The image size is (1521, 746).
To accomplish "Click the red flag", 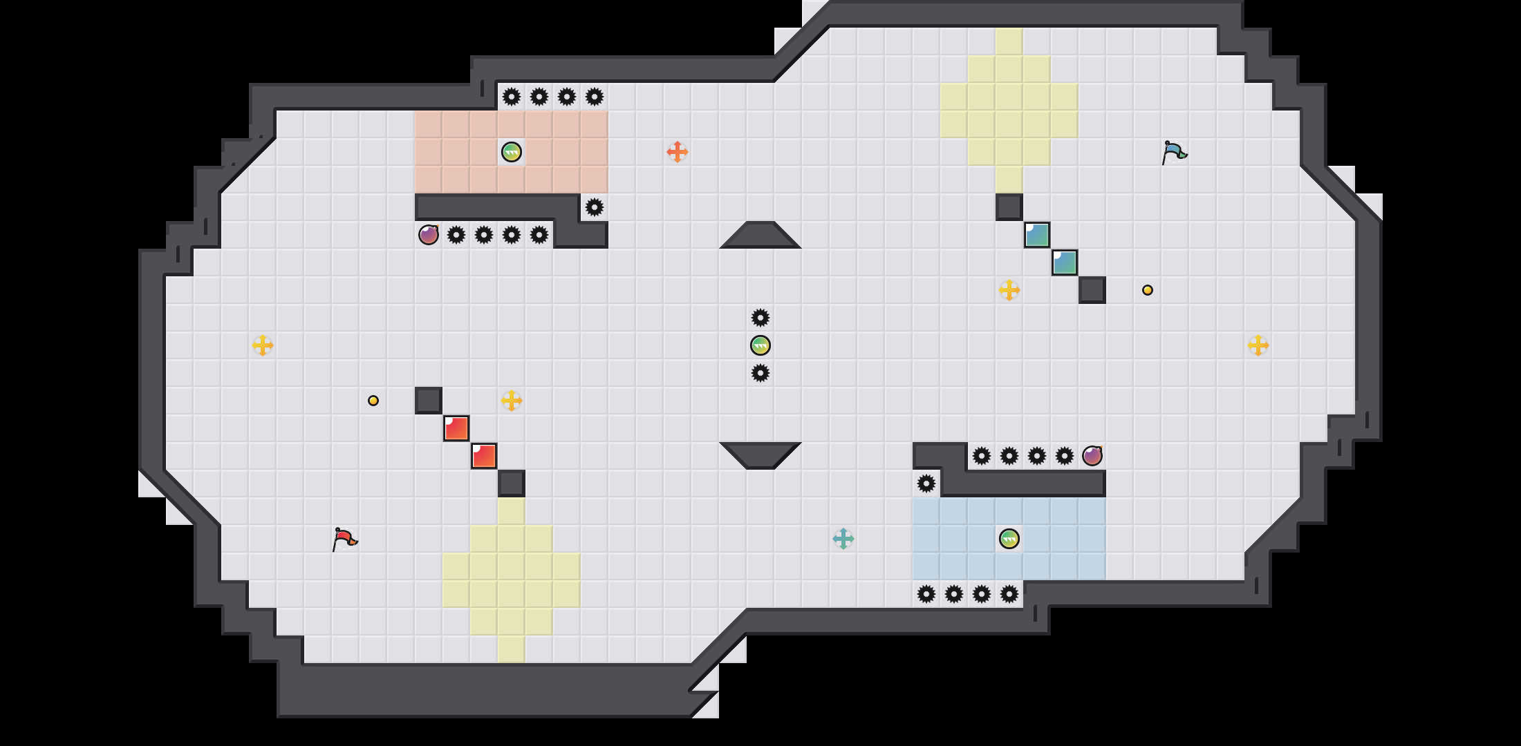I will point(344,538).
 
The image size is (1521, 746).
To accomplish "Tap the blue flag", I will point(1173,151).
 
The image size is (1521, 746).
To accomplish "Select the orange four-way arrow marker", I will point(678,152).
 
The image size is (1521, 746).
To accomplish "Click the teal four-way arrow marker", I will point(843,539).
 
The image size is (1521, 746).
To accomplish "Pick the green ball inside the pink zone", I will point(512,152).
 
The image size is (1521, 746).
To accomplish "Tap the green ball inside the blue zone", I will point(1009,539).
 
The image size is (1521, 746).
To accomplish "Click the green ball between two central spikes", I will point(760,345).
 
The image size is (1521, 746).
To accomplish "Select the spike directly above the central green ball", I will point(760,318).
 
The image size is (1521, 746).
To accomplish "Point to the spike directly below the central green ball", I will point(760,373).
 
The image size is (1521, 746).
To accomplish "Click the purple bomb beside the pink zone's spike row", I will point(429,235).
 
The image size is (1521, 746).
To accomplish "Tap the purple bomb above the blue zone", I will point(1092,456).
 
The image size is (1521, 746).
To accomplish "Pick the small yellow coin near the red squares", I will point(373,401).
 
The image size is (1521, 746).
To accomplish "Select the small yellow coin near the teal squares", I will point(1148,290).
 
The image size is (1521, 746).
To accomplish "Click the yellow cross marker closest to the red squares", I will point(512,401).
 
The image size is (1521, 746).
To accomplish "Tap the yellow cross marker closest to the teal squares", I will point(1009,290).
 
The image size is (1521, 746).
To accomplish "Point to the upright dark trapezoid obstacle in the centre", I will point(760,236).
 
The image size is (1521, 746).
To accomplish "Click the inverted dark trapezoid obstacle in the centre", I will point(760,455).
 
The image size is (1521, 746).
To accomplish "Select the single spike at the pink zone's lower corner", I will point(595,207).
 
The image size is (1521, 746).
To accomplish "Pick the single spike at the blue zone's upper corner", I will point(926,484).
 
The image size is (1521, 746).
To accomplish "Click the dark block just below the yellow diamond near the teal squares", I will point(1009,207).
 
